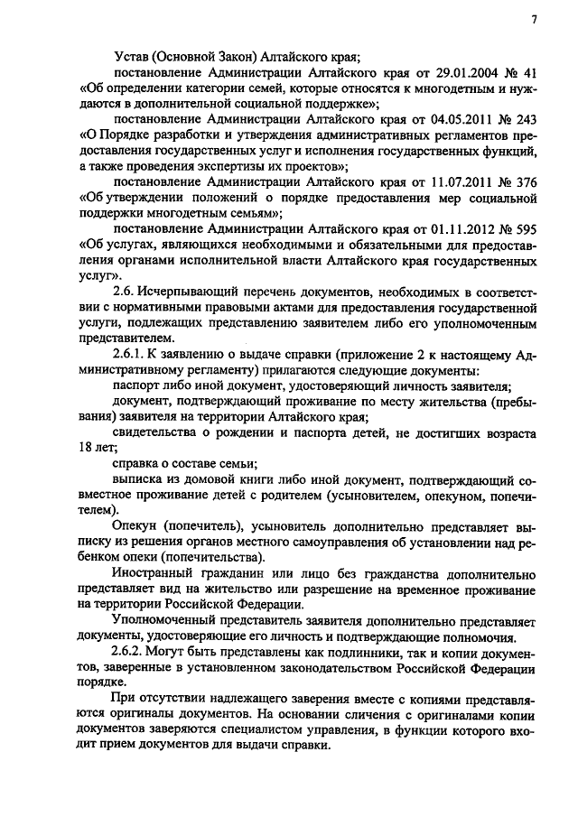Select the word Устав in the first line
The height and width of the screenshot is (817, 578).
[x=133, y=57]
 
